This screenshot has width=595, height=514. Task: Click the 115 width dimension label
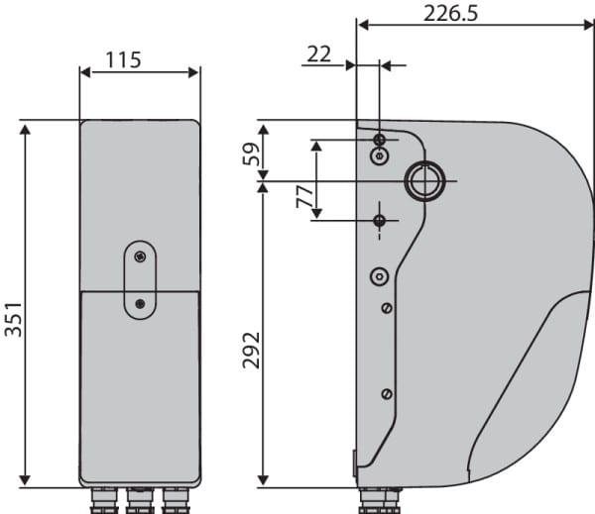click(x=123, y=59)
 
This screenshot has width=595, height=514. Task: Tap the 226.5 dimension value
click(x=450, y=14)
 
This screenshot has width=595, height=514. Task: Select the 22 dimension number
click(x=318, y=54)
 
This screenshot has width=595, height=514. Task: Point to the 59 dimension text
click(x=251, y=154)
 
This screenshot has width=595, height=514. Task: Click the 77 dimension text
click(x=305, y=197)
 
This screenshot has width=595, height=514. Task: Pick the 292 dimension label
click(x=251, y=351)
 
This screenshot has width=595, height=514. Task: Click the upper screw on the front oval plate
click(x=140, y=257)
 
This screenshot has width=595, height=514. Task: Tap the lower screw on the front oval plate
click(x=140, y=303)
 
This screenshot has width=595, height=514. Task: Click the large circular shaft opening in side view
click(x=424, y=181)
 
